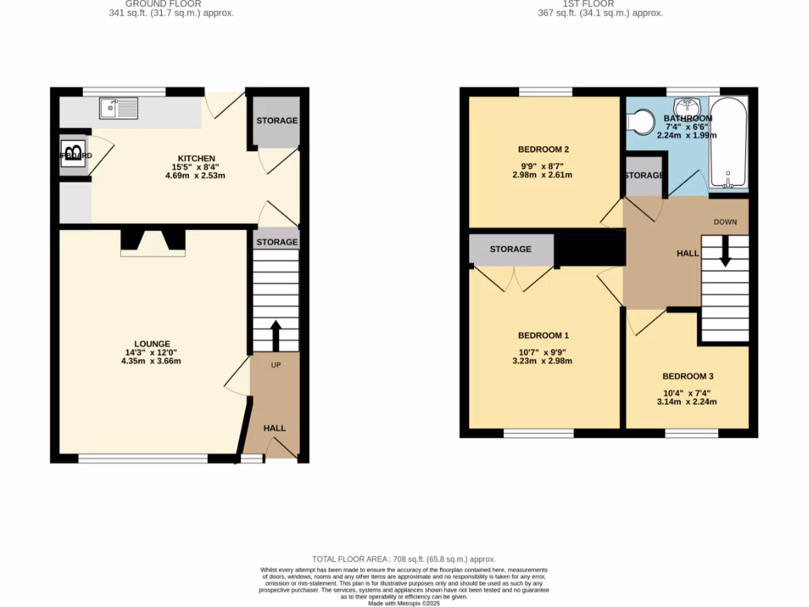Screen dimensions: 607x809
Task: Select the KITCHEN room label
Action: click(x=197, y=159)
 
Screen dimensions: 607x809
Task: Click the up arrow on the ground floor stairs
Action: click(x=276, y=334)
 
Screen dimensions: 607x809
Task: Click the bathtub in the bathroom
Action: click(x=728, y=142)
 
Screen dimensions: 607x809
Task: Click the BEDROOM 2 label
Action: click(x=544, y=149)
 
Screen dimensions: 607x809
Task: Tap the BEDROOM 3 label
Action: click(x=687, y=376)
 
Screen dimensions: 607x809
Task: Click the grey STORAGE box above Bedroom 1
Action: click(x=510, y=250)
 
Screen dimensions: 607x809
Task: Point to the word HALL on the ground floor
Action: click(x=275, y=428)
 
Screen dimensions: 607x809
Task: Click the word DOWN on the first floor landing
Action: click(x=725, y=222)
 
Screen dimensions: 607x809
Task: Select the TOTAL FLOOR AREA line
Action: click(x=404, y=559)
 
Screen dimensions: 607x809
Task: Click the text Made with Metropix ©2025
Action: click(x=404, y=603)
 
